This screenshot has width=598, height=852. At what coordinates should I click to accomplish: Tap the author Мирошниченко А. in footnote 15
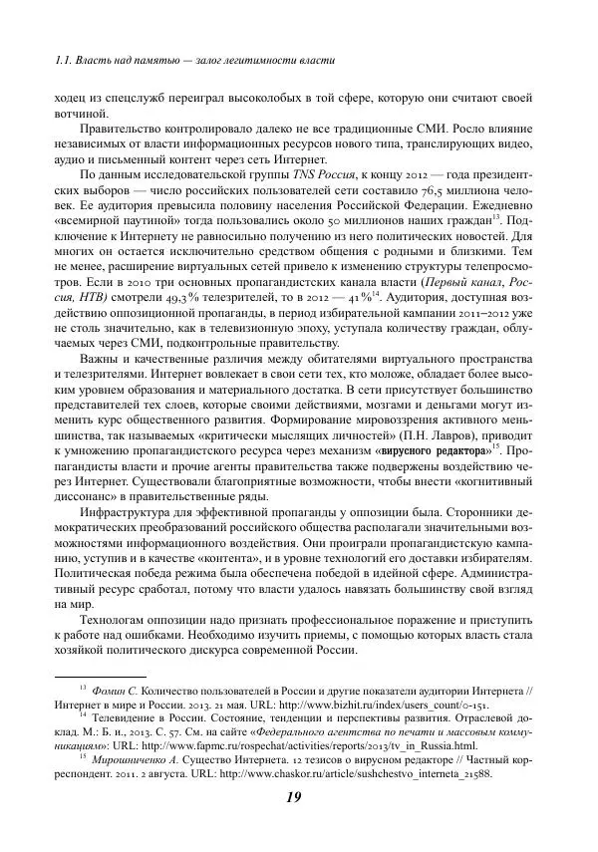tap(134, 759)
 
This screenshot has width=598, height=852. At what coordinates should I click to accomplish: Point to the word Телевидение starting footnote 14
tap(121, 717)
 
